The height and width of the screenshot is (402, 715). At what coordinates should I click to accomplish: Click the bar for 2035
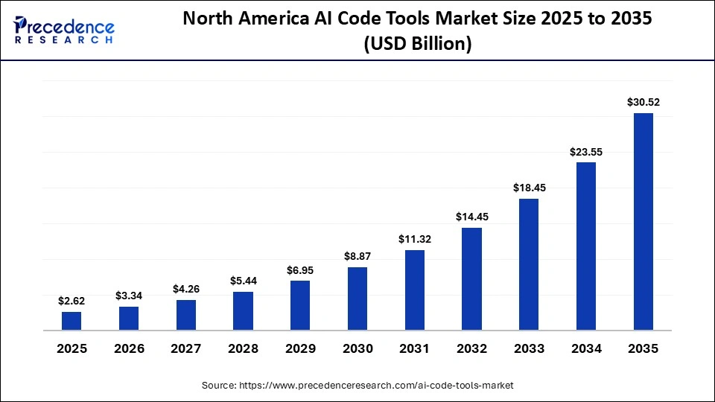(643, 221)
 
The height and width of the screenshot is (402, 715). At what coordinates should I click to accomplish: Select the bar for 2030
(357, 299)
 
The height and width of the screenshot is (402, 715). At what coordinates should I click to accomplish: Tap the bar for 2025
(71, 321)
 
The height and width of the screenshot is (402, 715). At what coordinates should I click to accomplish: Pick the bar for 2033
(529, 264)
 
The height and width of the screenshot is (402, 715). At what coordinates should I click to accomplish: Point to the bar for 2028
(243, 310)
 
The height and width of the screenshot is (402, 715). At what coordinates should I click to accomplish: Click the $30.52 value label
(643, 102)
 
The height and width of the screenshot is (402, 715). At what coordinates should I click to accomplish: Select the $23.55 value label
(586, 151)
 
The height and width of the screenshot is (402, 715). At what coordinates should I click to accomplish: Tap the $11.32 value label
(414, 239)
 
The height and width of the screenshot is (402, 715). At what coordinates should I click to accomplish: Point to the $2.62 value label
(71, 301)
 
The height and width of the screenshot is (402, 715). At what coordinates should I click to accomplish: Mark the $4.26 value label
(185, 289)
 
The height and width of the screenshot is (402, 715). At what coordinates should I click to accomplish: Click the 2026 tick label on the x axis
(129, 348)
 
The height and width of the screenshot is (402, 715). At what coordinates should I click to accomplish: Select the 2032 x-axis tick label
(471, 348)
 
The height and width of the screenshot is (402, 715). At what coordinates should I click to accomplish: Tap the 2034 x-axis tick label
(586, 348)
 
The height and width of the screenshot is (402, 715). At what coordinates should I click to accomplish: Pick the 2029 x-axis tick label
(300, 348)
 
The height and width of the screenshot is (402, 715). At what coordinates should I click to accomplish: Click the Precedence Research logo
(64, 30)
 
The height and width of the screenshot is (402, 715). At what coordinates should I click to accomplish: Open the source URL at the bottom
(357, 386)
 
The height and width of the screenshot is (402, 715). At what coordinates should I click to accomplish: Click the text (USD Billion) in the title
(417, 44)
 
